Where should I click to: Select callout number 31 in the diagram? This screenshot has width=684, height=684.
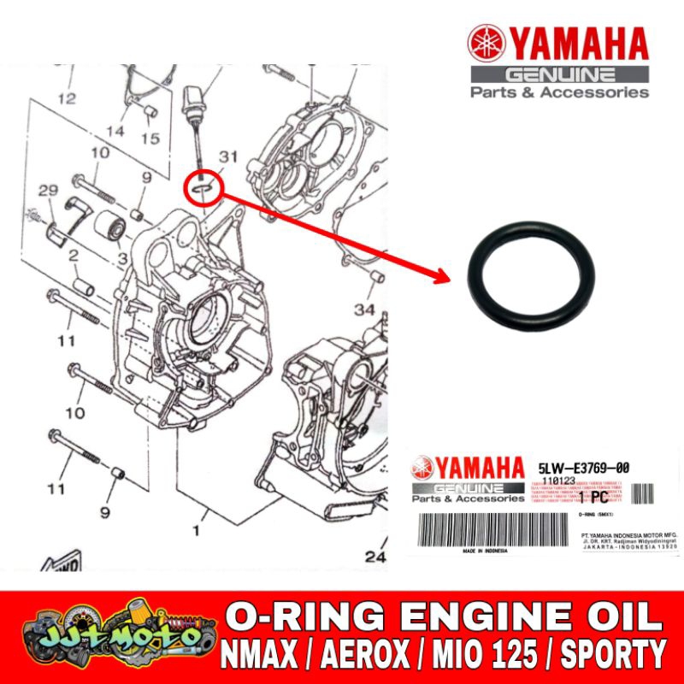pyautogui.click(x=227, y=157)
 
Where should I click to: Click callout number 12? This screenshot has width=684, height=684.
pyautogui.click(x=67, y=98)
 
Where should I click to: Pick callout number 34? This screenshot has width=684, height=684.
pyautogui.click(x=365, y=308)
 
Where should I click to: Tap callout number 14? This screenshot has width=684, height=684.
pyautogui.click(x=115, y=131)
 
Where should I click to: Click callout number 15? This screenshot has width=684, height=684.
pyautogui.click(x=150, y=138)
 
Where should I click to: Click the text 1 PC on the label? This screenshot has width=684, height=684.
pyautogui.click(x=593, y=497)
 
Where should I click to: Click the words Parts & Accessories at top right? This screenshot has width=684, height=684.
pyautogui.click(x=560, y=91)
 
